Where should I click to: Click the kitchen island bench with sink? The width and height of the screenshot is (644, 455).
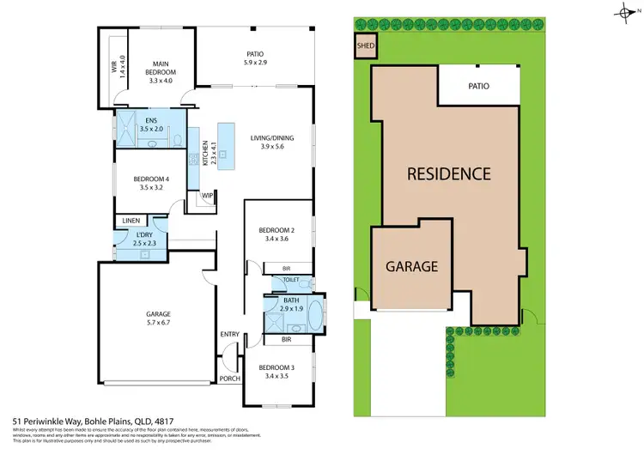click(x=227, y=142)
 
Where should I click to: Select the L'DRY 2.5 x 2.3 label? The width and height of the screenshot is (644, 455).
click(x=135, y=242)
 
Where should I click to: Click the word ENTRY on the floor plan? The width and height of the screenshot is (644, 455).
click(x=229, y=334)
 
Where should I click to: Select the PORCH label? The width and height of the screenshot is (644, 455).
click(x=229, y=379)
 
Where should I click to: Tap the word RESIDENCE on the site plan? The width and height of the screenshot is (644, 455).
click(x=448, y=173)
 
